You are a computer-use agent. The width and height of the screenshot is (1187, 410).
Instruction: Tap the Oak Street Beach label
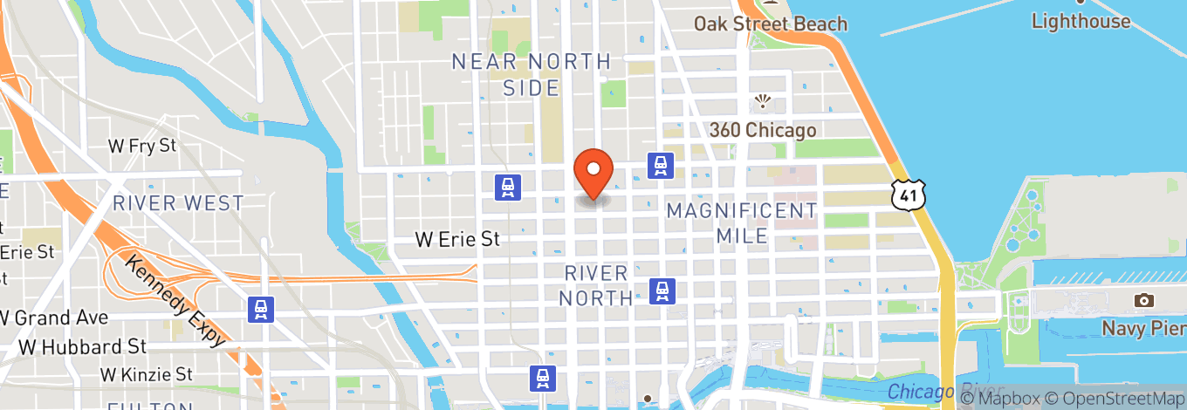click(771, 24)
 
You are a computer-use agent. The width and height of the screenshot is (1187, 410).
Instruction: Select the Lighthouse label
click(1081, 21)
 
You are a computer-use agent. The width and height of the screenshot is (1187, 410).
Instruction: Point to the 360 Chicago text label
click(763, 131)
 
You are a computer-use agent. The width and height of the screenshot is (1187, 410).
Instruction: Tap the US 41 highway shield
click(907, 195)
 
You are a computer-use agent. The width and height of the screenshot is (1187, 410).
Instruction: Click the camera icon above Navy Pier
click(1143, 301)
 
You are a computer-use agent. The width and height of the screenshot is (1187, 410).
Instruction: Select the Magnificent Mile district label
click(742, 222)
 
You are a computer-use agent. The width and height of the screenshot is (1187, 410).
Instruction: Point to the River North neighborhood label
click(596, 285)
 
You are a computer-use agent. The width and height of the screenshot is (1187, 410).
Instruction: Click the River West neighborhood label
click(178, 203)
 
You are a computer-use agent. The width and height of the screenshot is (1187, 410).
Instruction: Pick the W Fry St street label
click(141, 146)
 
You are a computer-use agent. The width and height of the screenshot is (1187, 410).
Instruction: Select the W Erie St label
click(456, 238)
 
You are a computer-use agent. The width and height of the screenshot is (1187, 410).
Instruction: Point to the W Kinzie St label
click(146, 374)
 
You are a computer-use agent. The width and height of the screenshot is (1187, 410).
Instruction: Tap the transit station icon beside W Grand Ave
click(259, 309)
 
